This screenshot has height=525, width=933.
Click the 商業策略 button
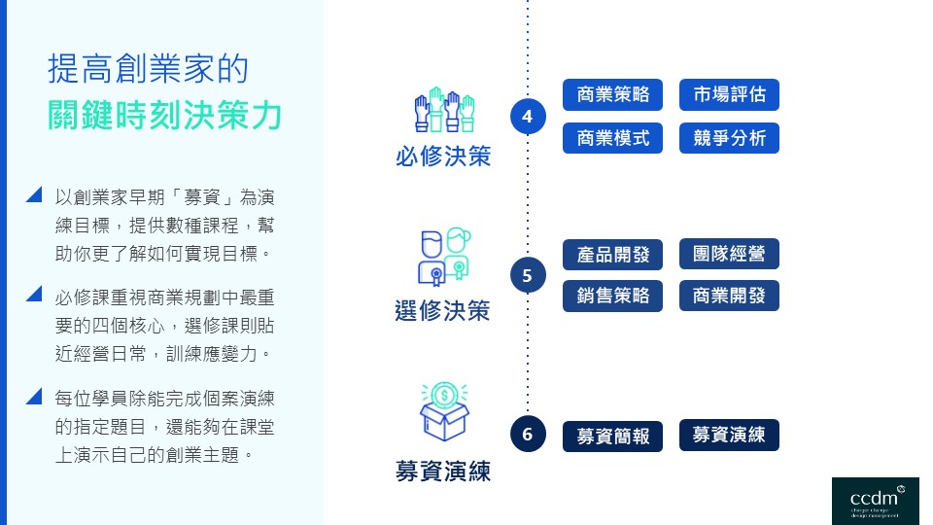[612, 95]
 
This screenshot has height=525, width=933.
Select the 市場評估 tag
[729, 95]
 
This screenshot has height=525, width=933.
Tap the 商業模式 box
[612, 138]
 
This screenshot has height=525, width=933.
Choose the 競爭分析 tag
[729, 138]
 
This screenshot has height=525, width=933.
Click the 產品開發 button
[612, 255]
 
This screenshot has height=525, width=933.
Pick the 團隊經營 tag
[729, 254]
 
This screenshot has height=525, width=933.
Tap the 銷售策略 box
[612, 297]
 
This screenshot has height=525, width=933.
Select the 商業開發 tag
[729, 296]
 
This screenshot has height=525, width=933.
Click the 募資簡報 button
[612, 436]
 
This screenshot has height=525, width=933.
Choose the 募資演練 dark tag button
[729, 435]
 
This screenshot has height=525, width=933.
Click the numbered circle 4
[528, 117]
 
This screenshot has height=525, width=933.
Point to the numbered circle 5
[528, 275]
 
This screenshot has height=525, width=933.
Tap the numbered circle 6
[528, 434]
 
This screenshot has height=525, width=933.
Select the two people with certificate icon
[443, 256]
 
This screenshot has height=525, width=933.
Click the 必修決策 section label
[443, 156]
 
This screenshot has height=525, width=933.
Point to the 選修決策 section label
[443, 311]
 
